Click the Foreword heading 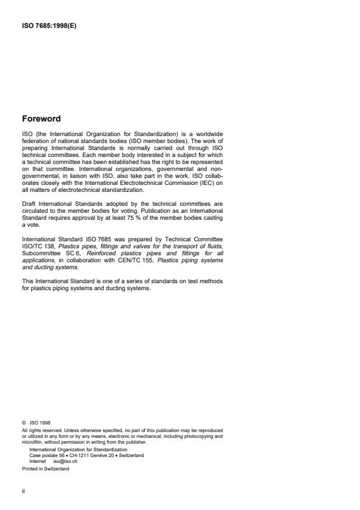tap(41, 119)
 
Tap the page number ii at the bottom tap(23, 490)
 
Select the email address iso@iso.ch tap(65, 460)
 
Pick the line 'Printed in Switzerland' tap(45, 469)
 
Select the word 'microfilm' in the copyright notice tap(33, 442)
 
